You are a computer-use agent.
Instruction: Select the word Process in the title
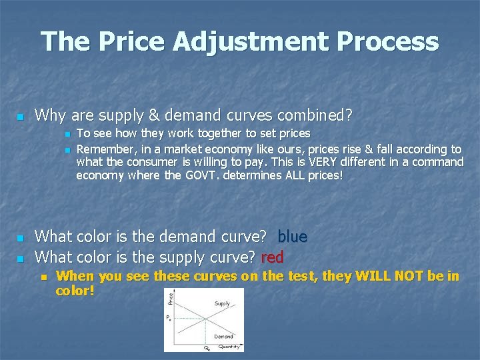click(388, 41)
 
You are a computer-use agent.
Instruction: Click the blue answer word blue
click(292, 236)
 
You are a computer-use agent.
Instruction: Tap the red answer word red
click(273, 256)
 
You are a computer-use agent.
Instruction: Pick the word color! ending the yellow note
click(75, 291)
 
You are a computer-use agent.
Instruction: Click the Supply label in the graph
click(222, 303)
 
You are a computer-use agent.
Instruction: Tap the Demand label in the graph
click(224, 336)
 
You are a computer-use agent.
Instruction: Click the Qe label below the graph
click(207, 347)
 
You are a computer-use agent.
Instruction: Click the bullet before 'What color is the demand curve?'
click(20, 237)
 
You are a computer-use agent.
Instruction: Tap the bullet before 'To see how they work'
click(67, 135)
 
